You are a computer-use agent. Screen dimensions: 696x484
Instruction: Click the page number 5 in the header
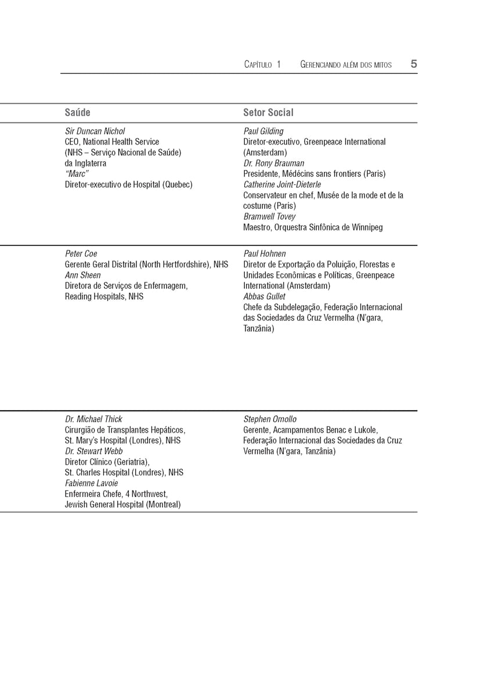pos(414,64)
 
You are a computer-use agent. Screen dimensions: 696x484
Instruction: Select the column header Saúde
pos(77,113)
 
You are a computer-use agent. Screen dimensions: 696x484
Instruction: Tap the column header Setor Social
pos(268,113)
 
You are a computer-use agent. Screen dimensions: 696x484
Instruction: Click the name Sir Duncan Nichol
pos(95,131)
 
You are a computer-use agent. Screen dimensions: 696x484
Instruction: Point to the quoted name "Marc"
pos(77,174)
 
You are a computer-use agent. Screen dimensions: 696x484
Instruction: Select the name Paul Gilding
pos(263,131)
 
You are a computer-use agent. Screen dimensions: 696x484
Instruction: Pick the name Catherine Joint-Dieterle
pos(282,184)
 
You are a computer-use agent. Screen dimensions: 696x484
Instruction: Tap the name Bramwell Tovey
pos(269,216)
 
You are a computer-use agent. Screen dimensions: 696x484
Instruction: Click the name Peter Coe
pos(81,253)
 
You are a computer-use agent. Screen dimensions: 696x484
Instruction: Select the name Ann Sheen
pos(82,275)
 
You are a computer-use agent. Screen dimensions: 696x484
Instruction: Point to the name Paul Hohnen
pos(265,253)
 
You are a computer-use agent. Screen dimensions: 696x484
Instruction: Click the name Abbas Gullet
pos(264,296)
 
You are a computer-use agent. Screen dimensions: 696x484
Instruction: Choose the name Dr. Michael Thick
pos(93,419)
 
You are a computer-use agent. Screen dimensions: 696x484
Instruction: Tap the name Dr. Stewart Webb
pos(93,451)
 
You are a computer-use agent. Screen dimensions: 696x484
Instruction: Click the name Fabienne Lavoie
pos(91,483)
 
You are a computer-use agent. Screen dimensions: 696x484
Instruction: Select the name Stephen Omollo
pos(270,419)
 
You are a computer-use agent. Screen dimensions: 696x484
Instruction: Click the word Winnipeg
pos(367,227)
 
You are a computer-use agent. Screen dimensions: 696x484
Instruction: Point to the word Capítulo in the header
pos(258,65)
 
